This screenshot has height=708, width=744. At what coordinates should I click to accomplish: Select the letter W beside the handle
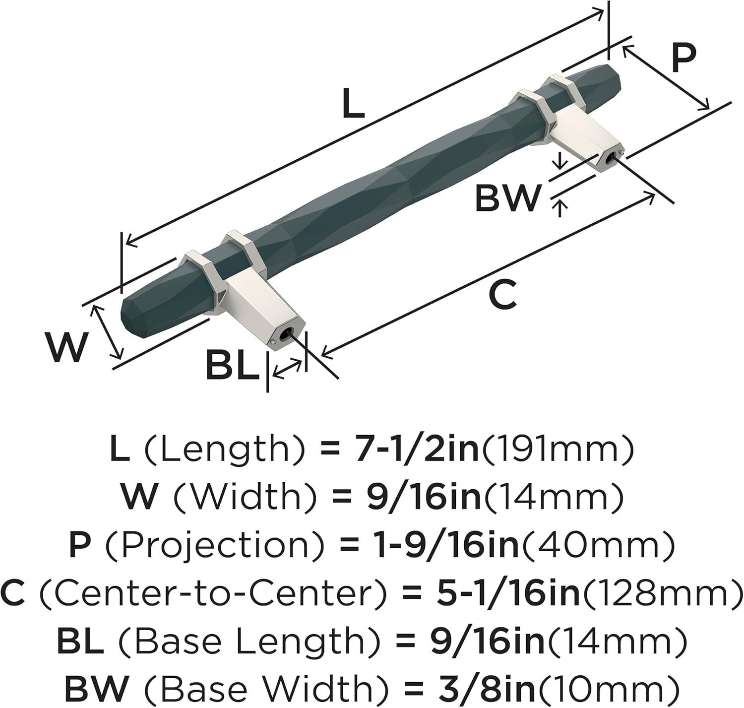tap(66, 347)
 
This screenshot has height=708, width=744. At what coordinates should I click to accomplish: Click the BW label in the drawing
tap(507, 197)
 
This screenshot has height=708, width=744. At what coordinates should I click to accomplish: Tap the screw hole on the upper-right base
tap(609, 160)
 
